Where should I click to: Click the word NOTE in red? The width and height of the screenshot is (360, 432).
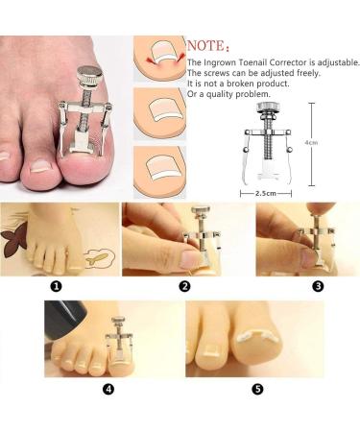point(206,45)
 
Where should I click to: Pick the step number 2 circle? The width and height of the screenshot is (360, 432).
point(184,286)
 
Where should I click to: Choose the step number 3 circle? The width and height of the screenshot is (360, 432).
point(318,286)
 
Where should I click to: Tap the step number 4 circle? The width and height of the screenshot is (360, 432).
point(108,389)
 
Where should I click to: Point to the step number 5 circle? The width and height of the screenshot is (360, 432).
point(257,389)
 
